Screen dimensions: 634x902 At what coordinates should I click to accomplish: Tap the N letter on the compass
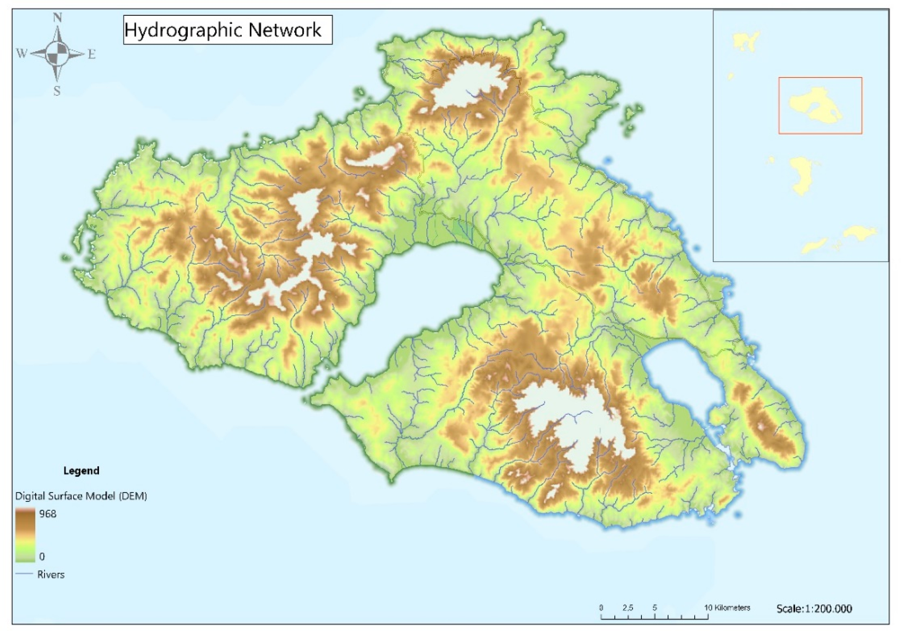[57, 18]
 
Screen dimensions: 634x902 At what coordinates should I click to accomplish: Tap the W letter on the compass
[21, 53]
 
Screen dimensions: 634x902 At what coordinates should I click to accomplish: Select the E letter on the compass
[92, 54]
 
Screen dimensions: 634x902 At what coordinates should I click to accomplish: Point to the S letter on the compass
[57, 91]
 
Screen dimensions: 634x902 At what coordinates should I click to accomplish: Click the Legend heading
[81, 470]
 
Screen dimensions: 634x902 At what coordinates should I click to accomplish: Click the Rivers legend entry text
[51, 575]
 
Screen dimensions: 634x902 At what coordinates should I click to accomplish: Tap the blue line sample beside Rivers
[24, 574]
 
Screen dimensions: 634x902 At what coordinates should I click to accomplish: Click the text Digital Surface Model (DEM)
[81, 496]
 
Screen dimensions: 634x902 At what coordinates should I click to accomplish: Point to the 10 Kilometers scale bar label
[727, 607]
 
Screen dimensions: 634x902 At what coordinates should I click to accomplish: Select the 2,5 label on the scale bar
[628, 607]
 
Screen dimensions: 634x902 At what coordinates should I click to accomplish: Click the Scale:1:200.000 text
[814, 609]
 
